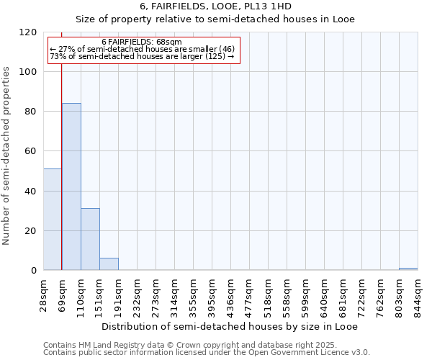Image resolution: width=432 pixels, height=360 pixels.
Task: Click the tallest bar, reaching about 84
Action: coord(71,186)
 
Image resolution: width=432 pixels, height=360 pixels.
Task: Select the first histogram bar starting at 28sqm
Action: coord(53,220)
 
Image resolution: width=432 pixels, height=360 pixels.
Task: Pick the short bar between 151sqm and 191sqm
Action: coord(109,264)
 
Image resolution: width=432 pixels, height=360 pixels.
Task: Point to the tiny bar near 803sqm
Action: coord(408,269)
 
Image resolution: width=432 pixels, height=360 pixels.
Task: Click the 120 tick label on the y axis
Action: coord(28,32)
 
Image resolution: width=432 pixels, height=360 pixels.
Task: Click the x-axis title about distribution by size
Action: coord(229,326)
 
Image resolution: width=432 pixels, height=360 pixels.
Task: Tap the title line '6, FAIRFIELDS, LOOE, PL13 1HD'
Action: coord(216,6)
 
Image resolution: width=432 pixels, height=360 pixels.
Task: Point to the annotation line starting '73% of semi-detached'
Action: coord(142,56)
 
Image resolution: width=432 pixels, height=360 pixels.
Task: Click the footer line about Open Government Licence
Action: coord(206,353)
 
